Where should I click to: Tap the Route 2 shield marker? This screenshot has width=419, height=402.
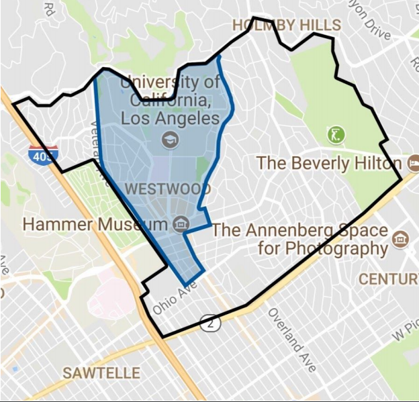(212, 323)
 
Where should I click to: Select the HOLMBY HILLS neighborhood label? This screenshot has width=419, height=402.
(287, 26)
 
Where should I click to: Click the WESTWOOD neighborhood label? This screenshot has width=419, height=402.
(167, 189)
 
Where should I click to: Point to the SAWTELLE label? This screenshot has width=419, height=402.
(101, 373)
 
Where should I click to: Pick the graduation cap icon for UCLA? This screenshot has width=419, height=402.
(169, 140)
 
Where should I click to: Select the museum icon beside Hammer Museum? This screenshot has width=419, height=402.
(180, 223)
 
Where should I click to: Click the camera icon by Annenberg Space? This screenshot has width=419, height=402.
(402, 238)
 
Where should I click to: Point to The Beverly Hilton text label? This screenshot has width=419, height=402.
(330, 163)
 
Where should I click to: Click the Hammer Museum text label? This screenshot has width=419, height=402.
(94, 224)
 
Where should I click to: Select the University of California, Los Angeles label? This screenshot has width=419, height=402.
(170, 101)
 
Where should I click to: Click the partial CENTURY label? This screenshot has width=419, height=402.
(388, 279)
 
